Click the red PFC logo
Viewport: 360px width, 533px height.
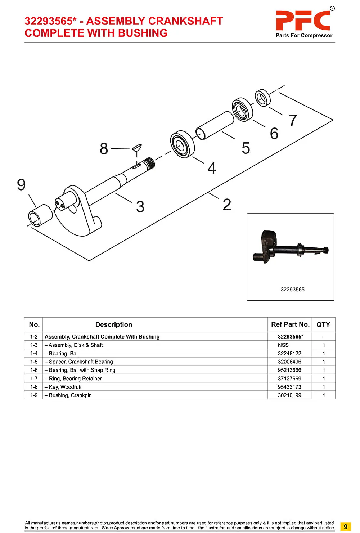tap(303, 21)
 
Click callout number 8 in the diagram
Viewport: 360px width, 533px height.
tap(104, 148)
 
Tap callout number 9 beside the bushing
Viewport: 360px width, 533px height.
tap(21, 185)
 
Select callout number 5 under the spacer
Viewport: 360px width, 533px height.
tap(246, 148)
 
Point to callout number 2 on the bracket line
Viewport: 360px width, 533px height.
tap(227, 205)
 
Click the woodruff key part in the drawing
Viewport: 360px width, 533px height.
tap(137, 147)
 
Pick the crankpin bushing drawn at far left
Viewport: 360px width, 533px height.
tap(40, 215)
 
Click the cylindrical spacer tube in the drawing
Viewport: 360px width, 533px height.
tap(215, 125)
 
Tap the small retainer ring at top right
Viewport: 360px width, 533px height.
tap(262, 98)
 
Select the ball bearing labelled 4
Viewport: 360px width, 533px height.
tap(182, 144)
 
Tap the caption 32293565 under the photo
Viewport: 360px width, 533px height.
tap(292, 290)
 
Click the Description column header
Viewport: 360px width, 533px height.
tap(114, 324)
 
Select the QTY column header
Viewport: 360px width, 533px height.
tap(323, 324)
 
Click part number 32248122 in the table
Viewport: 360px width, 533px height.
tap(289, 353)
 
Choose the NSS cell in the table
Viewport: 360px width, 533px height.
tap(283, 345)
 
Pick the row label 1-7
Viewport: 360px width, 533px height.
tap(34, 379)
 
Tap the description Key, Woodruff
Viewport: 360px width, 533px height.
tap(65, 387)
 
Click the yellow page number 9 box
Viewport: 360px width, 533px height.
tap(345, 527)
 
